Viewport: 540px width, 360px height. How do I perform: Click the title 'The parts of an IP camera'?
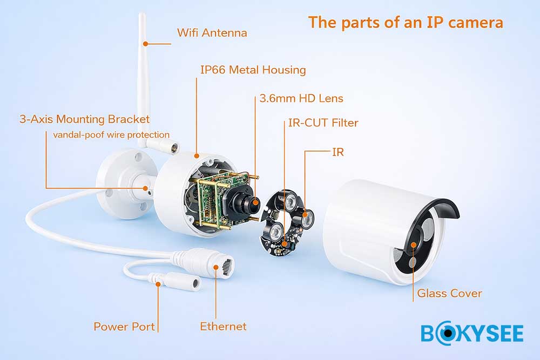[x=406, y=23]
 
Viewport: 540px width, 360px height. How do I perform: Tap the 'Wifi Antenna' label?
[x=212, y=33]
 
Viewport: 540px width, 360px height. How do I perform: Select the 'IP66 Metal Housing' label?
[x=253, y=70]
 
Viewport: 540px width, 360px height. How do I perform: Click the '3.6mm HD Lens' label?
[x=301, y=98]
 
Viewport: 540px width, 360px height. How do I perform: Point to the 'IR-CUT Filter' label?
[x=323, y=123]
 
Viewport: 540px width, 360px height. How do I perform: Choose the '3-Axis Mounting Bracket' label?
[x=84, y=119]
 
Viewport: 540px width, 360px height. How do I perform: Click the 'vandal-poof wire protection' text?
[x=111, y=134]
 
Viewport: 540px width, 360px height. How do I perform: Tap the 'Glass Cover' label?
[x=449, y=293]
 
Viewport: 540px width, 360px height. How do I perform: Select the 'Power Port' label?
[x=124, y=327]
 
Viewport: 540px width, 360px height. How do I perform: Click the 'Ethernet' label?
[x=223, y=327]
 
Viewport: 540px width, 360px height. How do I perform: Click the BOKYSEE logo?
[x=472, y=333]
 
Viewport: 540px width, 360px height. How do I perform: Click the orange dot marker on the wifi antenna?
[x=146, y=44]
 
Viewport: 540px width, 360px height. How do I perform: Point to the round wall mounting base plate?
[x=124, y=184]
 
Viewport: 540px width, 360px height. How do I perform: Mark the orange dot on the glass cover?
[x=413, y=244]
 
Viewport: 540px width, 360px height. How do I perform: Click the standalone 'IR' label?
[x=338, y=152]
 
